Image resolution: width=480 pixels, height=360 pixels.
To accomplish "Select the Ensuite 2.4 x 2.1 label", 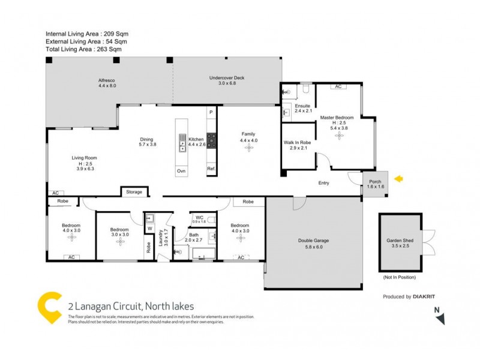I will click(x=302, y=108).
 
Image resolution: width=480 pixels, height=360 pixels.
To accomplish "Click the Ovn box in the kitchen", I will click(x=181, y=171).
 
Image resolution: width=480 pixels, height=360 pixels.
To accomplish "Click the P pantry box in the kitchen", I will click(x=211, y=112).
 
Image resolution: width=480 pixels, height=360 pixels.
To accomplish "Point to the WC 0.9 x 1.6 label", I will click(x=199, y=219).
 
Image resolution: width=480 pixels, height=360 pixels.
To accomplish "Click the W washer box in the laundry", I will click(x=150, y=229).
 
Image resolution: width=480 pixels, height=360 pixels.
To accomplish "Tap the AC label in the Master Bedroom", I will click(x=338, y=86).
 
